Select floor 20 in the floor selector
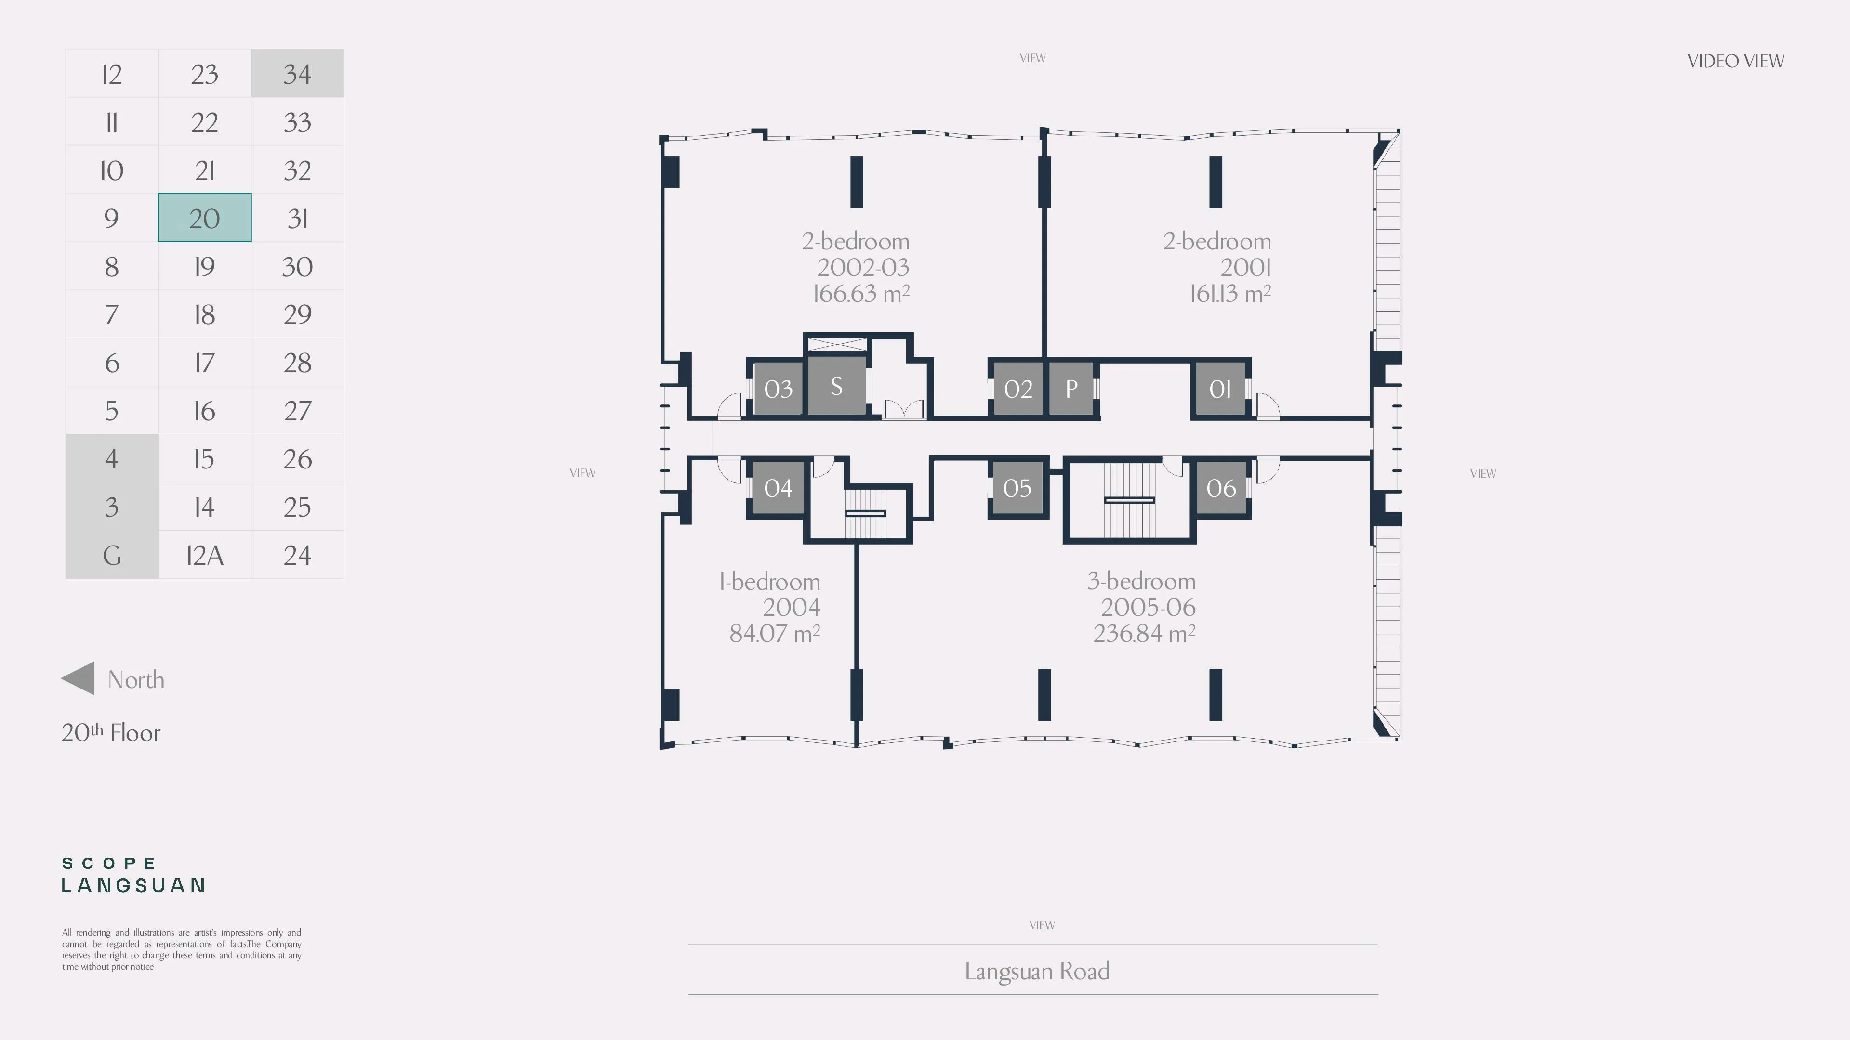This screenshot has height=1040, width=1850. coord(205,218)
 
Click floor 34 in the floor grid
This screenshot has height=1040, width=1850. coord(297,73)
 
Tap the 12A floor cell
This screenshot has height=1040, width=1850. coord(205,555)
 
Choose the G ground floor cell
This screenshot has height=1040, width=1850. coord(111,555)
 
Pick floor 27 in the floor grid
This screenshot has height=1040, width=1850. coord(297,411)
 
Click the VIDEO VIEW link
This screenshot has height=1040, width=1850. coord(1735,61)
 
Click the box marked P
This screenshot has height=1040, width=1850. coord(1071,388)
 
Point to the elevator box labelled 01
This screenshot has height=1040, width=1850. coord(1220,388)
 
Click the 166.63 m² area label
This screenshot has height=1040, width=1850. coord(861,293)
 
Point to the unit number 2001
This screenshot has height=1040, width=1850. coord(1245,267)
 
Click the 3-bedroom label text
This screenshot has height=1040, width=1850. coord(1141,581)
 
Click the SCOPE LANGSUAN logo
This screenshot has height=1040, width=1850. coord(133,874)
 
